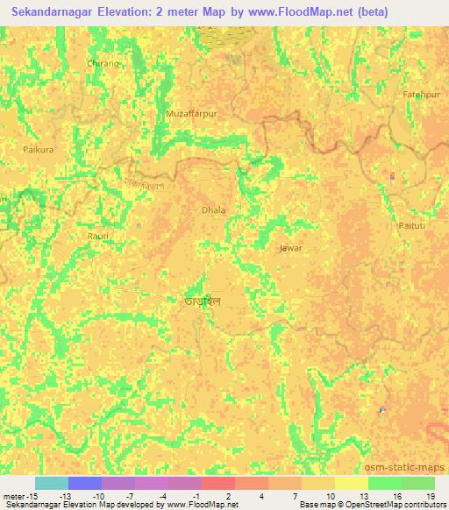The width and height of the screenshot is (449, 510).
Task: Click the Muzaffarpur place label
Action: click(190, 114)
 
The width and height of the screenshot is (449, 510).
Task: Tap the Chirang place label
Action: click(103, 64)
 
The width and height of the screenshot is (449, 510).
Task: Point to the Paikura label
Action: click(38, 150)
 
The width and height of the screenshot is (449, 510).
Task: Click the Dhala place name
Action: click(214, 210)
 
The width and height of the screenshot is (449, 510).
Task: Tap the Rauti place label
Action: click(98, 237)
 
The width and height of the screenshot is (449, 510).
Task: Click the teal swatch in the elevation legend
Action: click(52, 483)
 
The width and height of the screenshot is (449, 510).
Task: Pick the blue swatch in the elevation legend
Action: click(85, 483)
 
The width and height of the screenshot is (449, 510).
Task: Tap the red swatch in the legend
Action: click(218, 483)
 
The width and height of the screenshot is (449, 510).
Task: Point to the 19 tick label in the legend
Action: click(430, 495)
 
